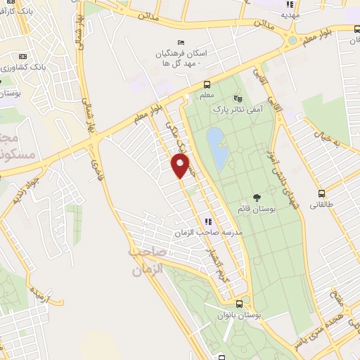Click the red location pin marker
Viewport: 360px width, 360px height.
click(181, 166)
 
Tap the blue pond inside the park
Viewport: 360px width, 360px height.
click(217, 148)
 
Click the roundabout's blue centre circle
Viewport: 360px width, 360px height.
click(292, 40)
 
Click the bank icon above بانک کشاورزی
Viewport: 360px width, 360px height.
click(22, 56)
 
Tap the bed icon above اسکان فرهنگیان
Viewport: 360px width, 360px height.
click(181, 42)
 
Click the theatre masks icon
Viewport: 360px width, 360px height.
click(237, 98)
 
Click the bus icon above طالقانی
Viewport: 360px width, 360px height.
click(321, 193)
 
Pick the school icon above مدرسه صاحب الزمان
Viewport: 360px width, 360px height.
click(206, 221)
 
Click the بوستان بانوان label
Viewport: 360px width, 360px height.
click(240, 316)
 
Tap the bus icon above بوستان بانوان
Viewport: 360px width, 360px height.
click(240, 304)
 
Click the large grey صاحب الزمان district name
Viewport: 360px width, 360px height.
click(146, 259)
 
